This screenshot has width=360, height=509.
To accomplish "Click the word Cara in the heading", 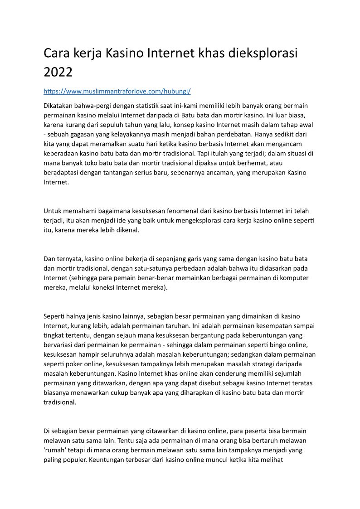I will tap(58, 53).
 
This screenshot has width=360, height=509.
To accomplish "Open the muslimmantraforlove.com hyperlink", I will tap(117, 91).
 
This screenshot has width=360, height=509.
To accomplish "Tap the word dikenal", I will tap(123, 230).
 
